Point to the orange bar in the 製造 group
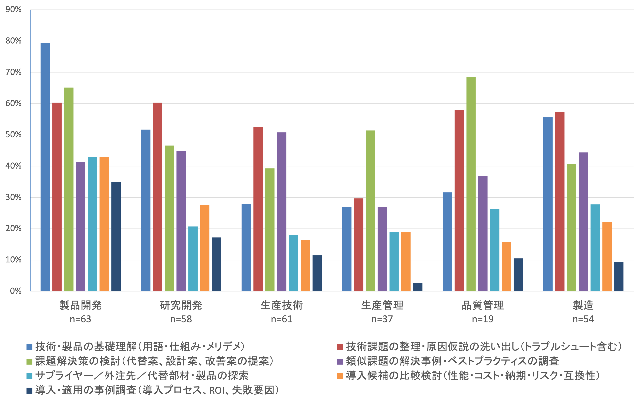(607, 256)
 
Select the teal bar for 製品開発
(92, 224)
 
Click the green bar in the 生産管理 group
(370, 211)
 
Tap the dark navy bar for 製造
(619, 276)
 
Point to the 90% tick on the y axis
(13, 10)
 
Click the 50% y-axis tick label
(13, 135)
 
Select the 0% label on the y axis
(15, 291)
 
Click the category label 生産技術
(282, 305)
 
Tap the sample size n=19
(483, 319)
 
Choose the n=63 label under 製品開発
(81, 319)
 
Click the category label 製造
(583, 305)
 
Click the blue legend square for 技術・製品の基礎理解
(29, 347)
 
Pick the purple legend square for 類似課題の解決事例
(340, 361)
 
